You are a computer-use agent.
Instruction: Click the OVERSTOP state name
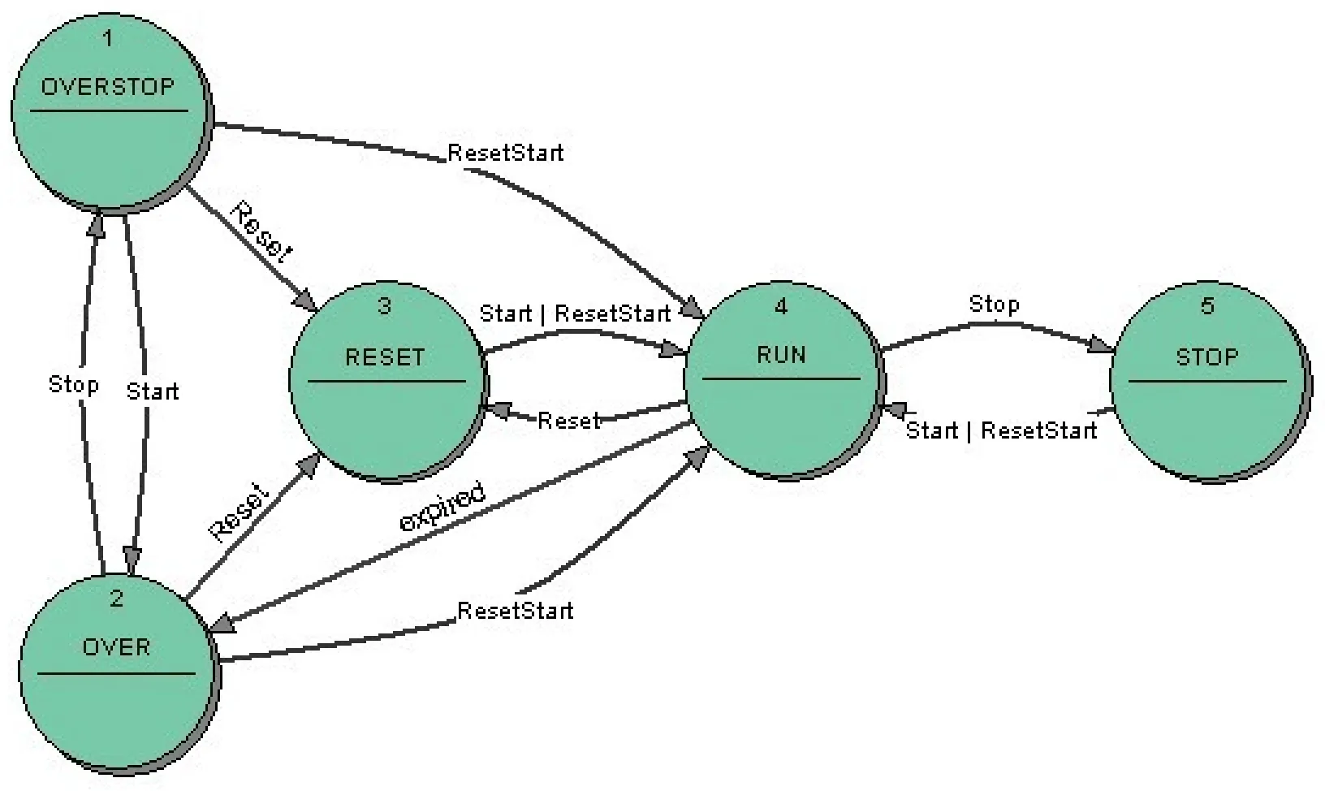coord(107,87)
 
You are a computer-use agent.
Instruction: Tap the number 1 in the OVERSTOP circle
coord(107,38)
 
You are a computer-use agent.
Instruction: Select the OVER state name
coord(116,647)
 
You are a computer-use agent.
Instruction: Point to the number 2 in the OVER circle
coord(116,599)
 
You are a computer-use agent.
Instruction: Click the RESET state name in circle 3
coord(385,357)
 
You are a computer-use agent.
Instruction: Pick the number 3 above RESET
coord(385,306)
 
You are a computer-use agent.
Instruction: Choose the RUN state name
coord(781,355)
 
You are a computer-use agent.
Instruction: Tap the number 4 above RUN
coord(781,306)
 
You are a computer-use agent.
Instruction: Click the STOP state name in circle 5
coord(1207,357)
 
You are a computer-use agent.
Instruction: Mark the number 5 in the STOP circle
coord(1207,306)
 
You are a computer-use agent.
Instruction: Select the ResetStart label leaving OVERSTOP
coord(505,153)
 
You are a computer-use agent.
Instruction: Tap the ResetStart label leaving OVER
coord(515,611)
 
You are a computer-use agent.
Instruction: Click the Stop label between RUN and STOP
coord(994,305)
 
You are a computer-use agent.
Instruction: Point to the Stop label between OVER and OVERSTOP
coord(74,384)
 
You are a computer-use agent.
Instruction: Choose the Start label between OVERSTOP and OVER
coord(152,392)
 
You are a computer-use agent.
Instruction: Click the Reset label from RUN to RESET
coord(568,421)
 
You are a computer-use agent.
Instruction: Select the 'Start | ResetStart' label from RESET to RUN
coord(575,313)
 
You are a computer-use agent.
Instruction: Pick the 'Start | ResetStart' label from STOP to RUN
coord(1001,430)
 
